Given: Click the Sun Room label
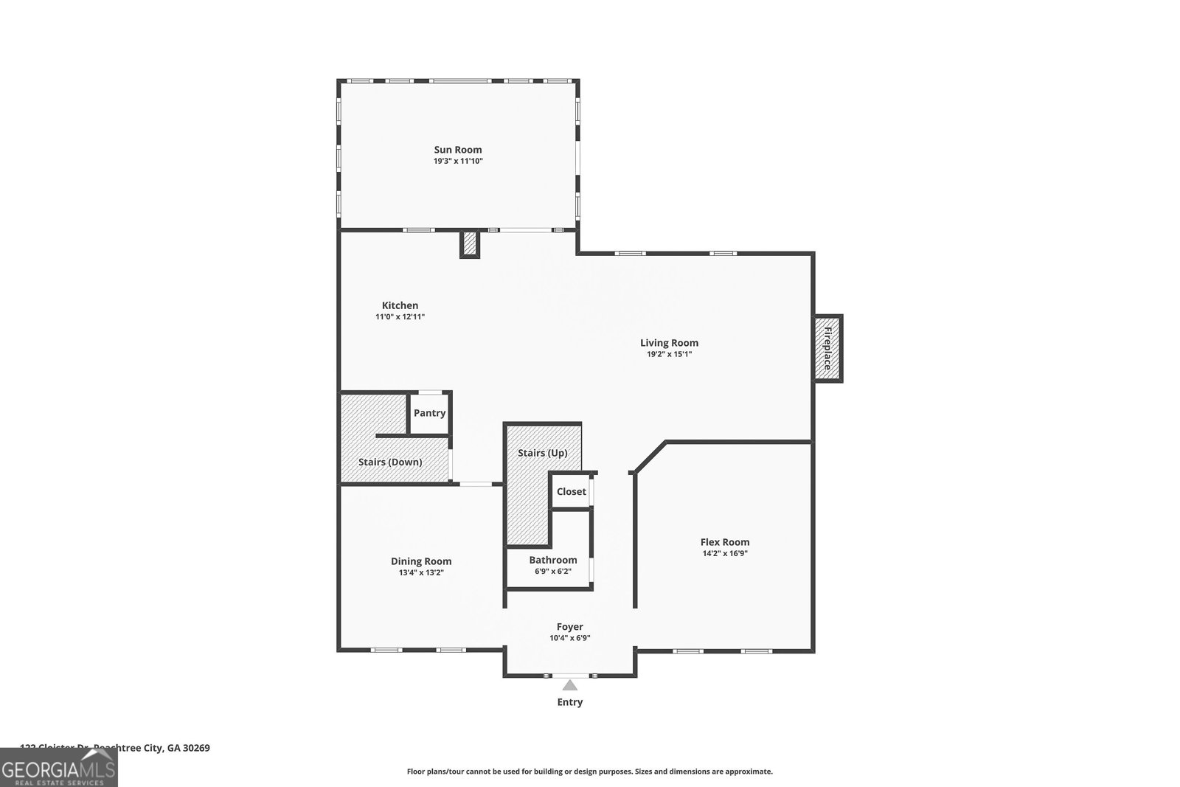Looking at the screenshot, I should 457,150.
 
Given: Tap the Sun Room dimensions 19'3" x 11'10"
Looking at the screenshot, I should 457,161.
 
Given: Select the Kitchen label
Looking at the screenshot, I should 400,305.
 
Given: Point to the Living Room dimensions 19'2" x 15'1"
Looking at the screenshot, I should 669,354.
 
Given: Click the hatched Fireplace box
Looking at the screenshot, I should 827,349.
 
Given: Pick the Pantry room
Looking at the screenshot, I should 429,413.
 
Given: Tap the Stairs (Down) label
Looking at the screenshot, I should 390,462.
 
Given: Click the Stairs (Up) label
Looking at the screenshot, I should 542,453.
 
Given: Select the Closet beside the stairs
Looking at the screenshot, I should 571,491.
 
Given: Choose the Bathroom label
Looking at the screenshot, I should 552,560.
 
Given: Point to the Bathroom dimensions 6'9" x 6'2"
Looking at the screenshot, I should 552,572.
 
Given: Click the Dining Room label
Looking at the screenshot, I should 421,561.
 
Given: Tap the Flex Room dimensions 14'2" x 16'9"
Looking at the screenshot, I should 724,553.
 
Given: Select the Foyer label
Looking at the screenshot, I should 569,627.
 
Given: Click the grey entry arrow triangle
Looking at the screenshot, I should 569,686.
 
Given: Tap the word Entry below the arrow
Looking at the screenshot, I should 569,702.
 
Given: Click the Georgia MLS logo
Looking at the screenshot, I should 58,772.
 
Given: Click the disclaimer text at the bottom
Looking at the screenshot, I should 589,772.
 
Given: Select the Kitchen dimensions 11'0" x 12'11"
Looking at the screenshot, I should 400,317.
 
